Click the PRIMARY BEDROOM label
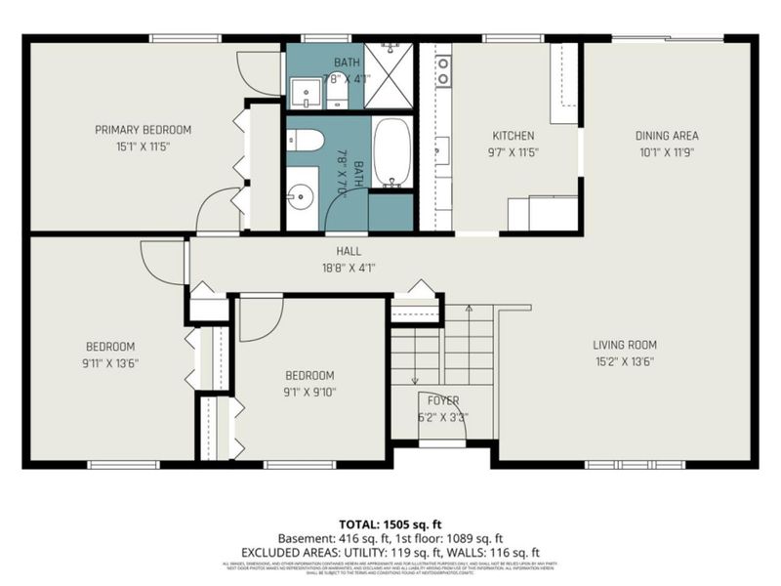(x=143, y=129)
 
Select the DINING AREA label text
(x=639, y=136)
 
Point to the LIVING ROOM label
(x=625, y=345)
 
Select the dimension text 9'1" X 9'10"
(x=309, y=392)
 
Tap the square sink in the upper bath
(x=306, y=93)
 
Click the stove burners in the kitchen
(x=442, y=70)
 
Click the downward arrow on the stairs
(x=415, y=379)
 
